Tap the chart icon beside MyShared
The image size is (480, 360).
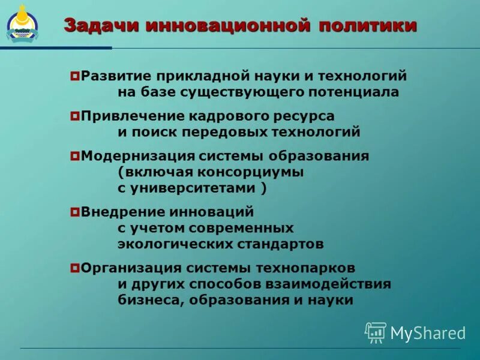tap(376, 332)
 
